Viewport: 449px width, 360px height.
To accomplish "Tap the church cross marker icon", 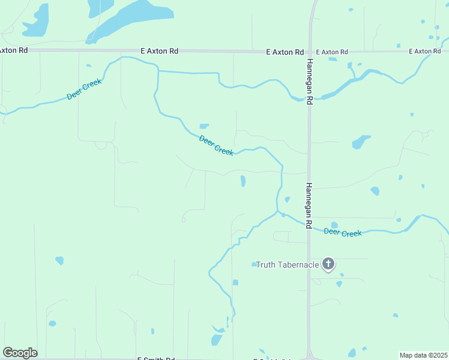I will [x=328, y=263].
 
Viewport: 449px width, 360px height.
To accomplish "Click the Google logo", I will [x=20, y=353].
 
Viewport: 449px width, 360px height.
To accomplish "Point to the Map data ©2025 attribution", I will [x=423, y=355].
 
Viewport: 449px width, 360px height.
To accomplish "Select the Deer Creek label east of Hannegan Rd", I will [x=343, y=232].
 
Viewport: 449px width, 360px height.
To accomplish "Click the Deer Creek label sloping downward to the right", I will [x=216, y=146].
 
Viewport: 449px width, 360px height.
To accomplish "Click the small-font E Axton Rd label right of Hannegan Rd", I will [x=332, y=52].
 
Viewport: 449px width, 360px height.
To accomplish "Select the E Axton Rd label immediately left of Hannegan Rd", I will [x=285, y=52].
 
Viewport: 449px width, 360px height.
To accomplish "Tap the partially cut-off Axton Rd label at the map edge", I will [x=13, y=50].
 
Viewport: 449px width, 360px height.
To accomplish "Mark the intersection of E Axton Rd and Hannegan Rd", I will [x=310, y=52].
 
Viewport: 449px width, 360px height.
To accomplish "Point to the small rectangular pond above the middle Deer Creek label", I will [x=204, y=126].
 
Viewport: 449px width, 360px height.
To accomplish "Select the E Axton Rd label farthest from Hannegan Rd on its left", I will [x=159, y=52].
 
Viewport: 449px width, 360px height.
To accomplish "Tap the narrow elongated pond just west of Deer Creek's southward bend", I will [x=243, y=181].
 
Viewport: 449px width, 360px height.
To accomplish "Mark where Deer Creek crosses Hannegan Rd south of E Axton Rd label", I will [x=310, y=98].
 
